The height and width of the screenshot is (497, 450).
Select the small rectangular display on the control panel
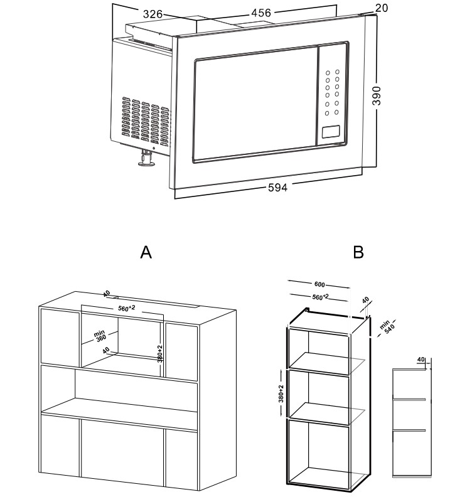(x=331, y=132)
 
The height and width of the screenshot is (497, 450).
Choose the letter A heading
(x=146, y=252)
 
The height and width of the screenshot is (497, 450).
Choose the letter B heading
(x=358, y=252)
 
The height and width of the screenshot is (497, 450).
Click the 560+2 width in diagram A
(x=127, y=309)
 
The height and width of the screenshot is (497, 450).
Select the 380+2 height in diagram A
(x=161, y=353)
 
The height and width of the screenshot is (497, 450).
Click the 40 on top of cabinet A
(x=107, y=293)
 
